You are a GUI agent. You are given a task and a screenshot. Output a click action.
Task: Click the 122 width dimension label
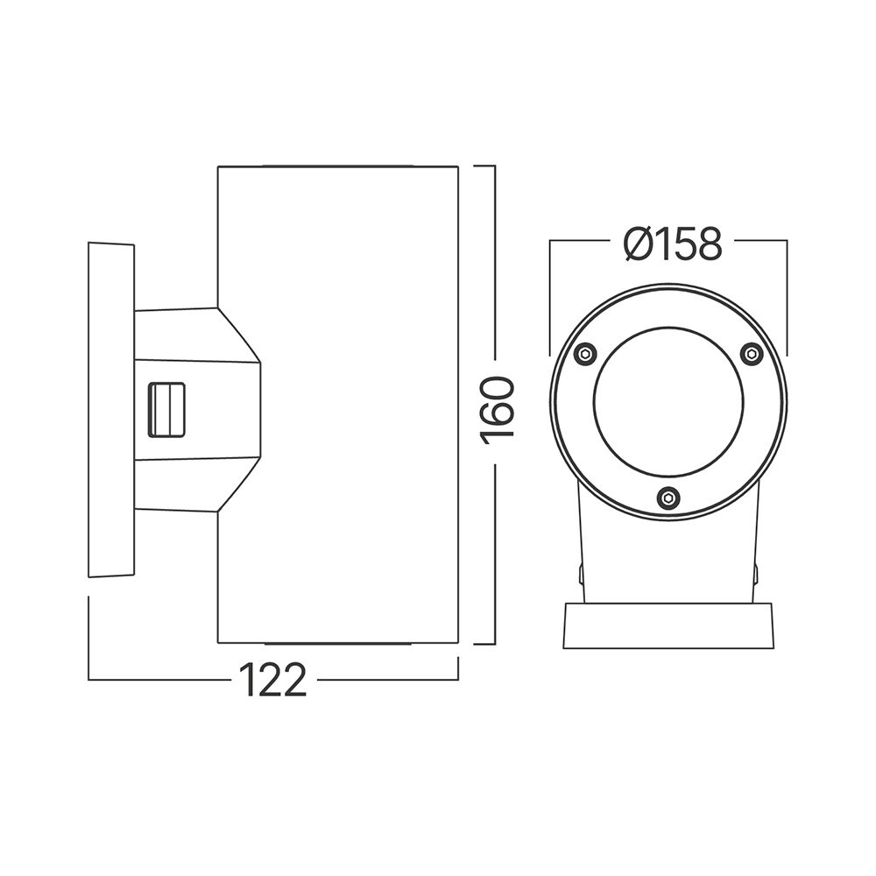(274, 680)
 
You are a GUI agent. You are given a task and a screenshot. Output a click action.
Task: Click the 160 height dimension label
(497, 412)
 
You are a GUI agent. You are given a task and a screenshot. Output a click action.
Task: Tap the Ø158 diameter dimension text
(673, 244)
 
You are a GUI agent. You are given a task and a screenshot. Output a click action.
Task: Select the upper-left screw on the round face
(586, 354)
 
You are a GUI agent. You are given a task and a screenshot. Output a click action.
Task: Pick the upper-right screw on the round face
(751, 354)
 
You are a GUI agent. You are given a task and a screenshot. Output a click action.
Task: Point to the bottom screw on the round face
(668, 498)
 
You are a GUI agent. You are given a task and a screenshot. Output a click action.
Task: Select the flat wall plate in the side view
(111, 409)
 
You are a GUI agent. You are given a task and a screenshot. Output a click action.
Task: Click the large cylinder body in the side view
(350, 403)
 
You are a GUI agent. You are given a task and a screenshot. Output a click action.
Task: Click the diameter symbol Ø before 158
(639, 244)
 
